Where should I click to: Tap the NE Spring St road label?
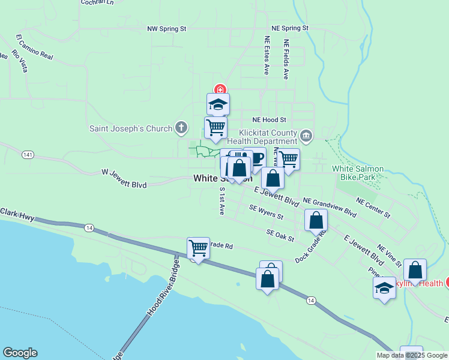point(290,28)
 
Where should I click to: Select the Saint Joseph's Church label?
point(131,128)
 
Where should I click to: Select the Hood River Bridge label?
point(163,287)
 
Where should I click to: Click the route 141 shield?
point(26,155)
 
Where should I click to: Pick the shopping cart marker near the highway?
point(198,247)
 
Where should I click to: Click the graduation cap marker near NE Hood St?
point(218,104)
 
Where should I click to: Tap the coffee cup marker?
point(255,158)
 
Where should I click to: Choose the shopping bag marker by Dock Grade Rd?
point(316,220)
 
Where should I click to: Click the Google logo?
point(20,353)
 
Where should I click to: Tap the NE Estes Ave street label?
point(267,55)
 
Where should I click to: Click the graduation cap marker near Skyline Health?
point(384,288)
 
